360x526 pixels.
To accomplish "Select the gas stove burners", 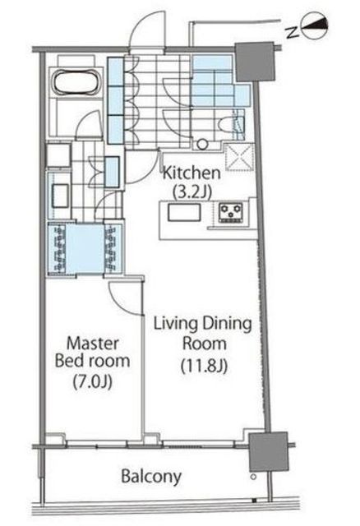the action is click(231, 212).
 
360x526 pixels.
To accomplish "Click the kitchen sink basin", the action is click(184, 212).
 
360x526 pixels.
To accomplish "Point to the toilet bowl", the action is click(228, 127).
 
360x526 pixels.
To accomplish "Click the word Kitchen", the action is click(192, 173).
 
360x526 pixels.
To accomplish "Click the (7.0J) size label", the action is click(93, 381).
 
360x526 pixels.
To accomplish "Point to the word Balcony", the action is click(151, 477).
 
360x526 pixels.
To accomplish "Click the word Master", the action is click(93, 344).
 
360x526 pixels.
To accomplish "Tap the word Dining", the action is click(227, 325).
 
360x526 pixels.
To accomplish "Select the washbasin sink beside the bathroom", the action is click(60, 196).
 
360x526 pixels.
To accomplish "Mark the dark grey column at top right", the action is click(254, 62).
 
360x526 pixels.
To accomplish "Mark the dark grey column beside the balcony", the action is click(269, 451).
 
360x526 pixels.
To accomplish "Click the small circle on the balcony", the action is click(254, 477).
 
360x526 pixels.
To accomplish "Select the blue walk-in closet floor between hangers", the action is click(85, 247).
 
